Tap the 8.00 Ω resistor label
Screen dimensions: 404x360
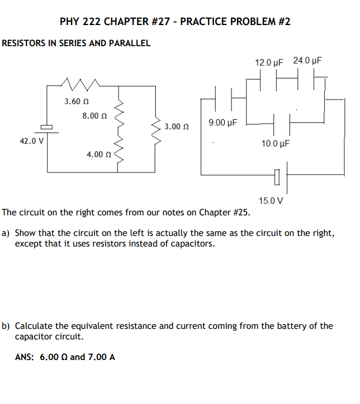click(x=94, y=116)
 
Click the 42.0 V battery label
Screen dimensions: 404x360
click(x=32, y=141)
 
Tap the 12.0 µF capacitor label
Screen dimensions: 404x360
click(x=269, y=61)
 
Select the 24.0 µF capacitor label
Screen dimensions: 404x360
click(x=308, y=61)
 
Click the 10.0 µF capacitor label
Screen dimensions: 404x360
click(x=275, y=144)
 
